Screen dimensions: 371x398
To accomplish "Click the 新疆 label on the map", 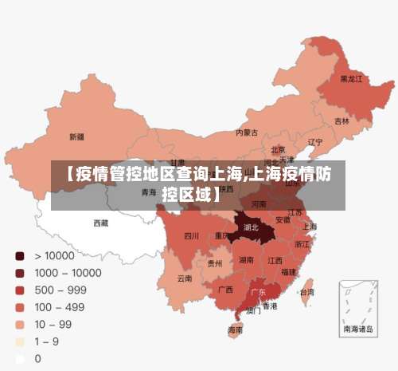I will [76, 136].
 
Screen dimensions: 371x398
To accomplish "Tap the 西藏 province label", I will [101, 223].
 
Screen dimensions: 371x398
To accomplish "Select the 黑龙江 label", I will [351, 79].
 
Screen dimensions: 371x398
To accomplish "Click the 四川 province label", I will [191, 235].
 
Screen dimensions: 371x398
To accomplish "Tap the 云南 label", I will [185, 278].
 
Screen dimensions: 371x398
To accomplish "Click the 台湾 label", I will [306, 292].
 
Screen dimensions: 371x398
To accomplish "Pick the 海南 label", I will [235, 330].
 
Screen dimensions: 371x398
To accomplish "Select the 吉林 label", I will [341, 121].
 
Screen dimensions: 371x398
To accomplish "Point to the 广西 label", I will [225, 289].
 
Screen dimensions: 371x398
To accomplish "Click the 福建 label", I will [288, 272].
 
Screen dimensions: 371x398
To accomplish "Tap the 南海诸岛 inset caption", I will [358, 329].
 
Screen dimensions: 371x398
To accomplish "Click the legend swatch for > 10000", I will [19, 256].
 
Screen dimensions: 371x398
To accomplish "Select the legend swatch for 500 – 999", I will [19, 290].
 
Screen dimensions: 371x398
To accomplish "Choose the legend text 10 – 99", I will [53, 325].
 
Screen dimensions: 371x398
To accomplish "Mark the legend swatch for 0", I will [19, 359].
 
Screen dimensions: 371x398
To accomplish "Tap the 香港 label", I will [271, 306].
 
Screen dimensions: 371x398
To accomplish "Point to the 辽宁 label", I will [315, 143].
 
